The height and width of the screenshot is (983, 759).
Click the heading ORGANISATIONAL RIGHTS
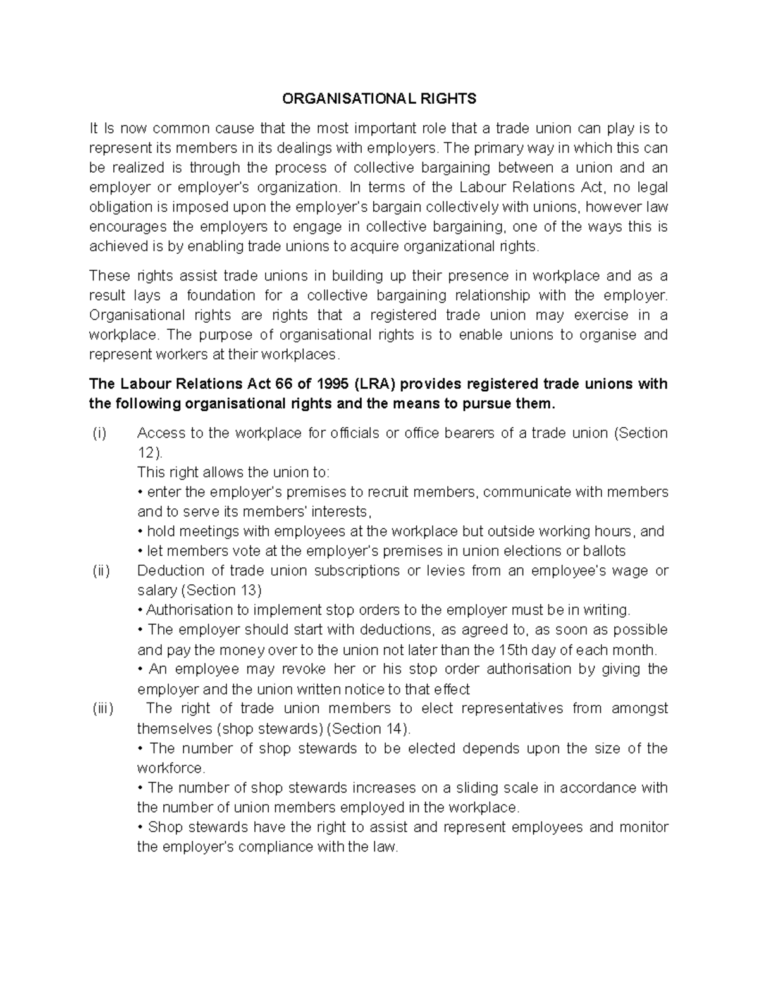coord(379,99)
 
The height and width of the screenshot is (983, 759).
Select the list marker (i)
coord(99,433)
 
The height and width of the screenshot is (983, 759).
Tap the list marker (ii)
coord(101,570)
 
